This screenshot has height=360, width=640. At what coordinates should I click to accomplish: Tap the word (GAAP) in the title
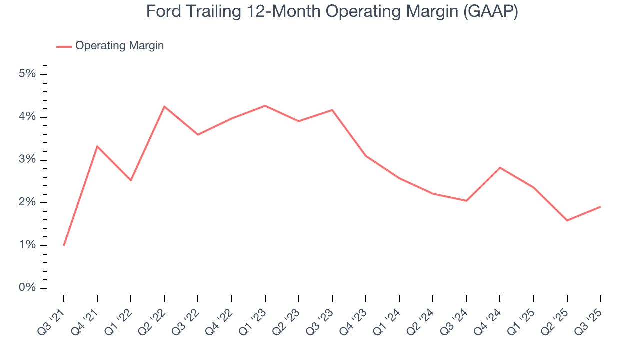click(490, 11)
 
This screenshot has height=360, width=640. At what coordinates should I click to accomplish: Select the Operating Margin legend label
click(119, 46)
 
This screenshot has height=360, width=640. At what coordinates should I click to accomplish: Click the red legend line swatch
click(64, 46)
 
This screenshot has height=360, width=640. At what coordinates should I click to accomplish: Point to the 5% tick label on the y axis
click(28, 74)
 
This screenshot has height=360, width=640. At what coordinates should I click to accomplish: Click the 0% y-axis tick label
click(28, 288)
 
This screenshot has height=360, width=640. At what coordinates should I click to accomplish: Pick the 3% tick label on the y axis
click(28, 160)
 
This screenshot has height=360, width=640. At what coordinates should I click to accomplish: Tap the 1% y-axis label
click(28, 245)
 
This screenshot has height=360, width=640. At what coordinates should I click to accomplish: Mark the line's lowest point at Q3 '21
click(64, 245)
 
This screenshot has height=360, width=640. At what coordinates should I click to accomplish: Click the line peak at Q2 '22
click(164, 106)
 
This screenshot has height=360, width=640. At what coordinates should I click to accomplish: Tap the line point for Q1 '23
click(265, 106)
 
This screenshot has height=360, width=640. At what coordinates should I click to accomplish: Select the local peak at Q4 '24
click(500, 167)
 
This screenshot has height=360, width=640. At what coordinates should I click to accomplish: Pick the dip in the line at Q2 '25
click(567, 220)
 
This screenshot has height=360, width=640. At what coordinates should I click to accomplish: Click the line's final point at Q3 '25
click(600, 207)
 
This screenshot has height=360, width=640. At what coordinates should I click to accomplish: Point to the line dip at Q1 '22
click(131, 180)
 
